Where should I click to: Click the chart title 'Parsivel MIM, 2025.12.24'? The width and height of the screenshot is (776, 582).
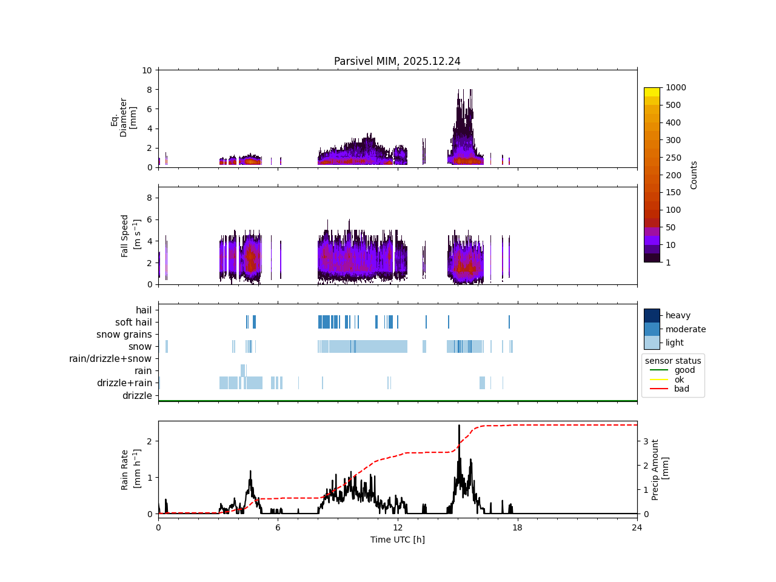(x=397, y=61)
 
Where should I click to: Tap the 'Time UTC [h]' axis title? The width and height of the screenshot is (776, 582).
(x=397, y=540)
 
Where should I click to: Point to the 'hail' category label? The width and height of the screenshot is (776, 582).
(x=144, y=310)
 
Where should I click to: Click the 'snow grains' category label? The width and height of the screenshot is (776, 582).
(x=124, y=335)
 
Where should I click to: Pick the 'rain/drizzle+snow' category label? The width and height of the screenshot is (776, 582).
(x=110, y=359)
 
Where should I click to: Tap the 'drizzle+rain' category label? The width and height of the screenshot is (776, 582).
(x=124, y=383)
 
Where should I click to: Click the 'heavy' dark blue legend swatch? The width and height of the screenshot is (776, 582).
(x=652, y=315)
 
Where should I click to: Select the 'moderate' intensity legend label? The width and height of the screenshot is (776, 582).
(x=686, y=329)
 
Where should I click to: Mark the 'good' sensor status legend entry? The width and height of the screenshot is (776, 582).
(x=684, y=370)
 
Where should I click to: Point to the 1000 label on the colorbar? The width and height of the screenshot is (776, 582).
(x=676, y=87)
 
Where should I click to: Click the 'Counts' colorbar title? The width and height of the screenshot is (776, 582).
(x=694, y=175)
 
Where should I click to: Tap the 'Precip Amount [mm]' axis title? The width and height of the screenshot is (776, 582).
(x=660, y=470)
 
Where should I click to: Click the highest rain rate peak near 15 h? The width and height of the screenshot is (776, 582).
(x=459, y=426)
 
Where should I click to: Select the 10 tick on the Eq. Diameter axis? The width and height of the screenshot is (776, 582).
(x=147, y=70)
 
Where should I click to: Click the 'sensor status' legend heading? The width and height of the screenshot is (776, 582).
(x=673, y=361)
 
